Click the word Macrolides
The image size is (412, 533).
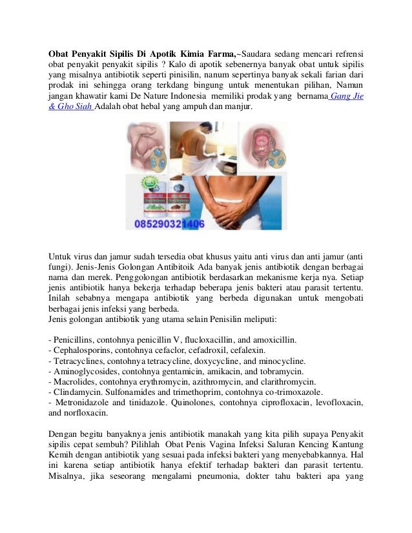point(72,382)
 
